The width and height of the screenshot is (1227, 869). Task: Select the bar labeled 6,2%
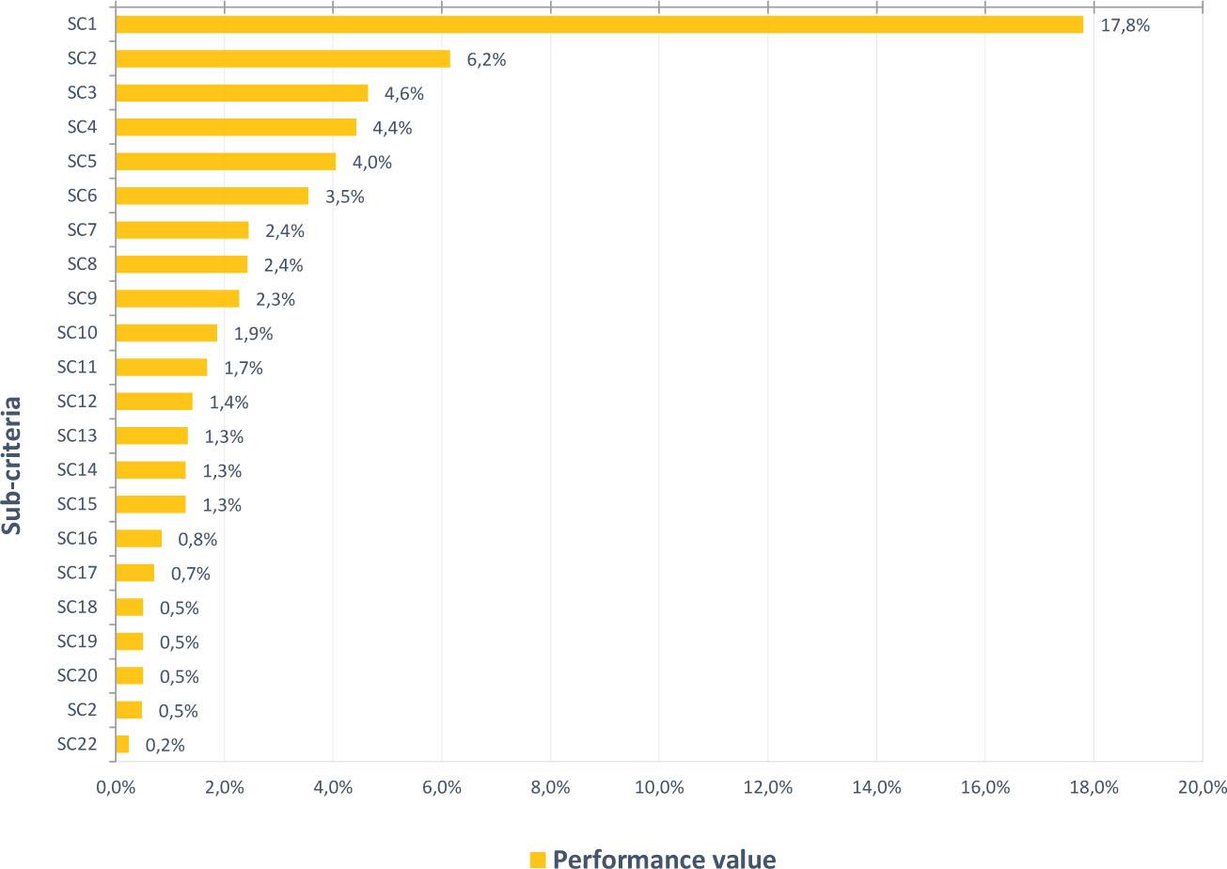click(282, 59)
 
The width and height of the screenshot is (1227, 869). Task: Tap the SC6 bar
click(212, 196)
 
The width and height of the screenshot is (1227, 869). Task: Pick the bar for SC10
click(165, 333)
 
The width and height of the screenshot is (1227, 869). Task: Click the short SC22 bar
click(122, 744)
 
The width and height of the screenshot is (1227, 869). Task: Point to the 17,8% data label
click(1125, 25)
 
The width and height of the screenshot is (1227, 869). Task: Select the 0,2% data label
click(165, 745)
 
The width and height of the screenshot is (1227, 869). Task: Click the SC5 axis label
click(83, 161)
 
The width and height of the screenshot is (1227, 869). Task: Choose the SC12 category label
click(77, 401)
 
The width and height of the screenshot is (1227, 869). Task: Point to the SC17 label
click(77, 572)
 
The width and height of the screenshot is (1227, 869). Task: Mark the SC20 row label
click(77, 674)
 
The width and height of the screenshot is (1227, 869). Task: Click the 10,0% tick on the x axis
click(658, 788)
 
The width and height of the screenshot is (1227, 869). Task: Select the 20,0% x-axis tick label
click(1202, 788)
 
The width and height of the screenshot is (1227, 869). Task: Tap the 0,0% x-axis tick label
click(116, 788)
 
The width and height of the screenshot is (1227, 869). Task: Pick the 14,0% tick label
click(875, 788)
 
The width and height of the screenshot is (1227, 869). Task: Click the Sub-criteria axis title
click(13, 465)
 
